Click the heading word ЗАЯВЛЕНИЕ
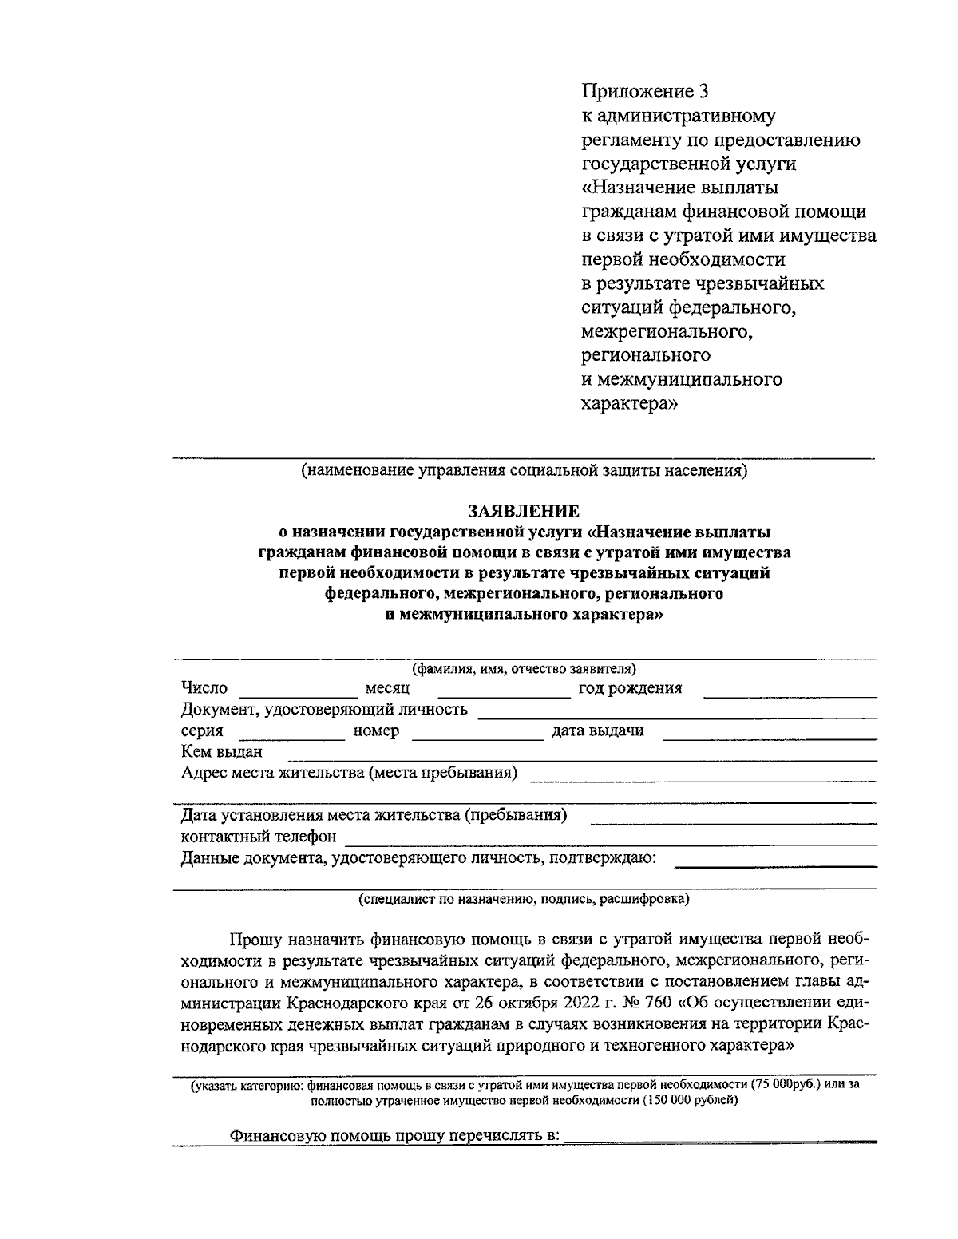pos(524,510)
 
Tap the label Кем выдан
pos(221,752)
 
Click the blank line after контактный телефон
pos(611,838)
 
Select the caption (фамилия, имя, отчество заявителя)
pos(524,668)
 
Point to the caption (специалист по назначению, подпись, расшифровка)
pos(524,899)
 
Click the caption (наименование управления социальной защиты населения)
pos(524,471)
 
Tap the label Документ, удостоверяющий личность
pos(324,710)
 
